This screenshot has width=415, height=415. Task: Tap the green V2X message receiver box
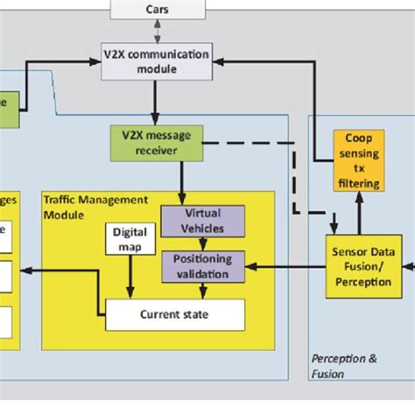tap(157, 143)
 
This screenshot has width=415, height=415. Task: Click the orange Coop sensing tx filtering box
tap(359, 161)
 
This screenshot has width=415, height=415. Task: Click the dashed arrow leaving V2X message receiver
tap(254, 143)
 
